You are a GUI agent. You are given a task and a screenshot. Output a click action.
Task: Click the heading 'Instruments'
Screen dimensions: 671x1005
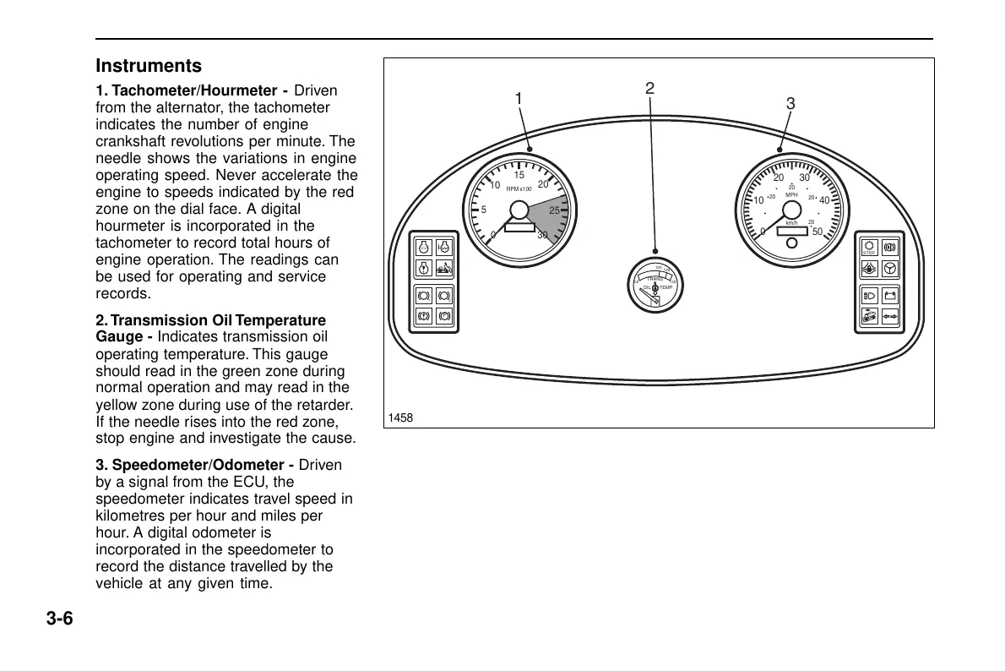pos(149,66)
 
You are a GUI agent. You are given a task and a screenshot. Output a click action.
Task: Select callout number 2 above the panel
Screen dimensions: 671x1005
pos(649,88)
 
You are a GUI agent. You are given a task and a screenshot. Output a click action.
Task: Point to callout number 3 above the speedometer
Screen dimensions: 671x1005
pos(790,104)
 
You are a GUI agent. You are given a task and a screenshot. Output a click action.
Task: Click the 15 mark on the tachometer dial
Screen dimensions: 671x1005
pos(519,176)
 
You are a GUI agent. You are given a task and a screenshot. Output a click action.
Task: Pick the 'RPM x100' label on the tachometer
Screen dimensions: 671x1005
pos(519,189)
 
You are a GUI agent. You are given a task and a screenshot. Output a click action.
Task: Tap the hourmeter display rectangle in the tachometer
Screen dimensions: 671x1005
pos(519,226)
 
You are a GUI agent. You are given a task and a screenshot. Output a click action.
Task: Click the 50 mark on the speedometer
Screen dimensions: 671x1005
pos(817,232)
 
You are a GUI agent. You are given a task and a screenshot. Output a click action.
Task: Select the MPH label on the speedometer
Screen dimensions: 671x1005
pos(791,195)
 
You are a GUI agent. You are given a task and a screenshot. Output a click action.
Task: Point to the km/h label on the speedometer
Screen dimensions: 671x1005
pos(791,223)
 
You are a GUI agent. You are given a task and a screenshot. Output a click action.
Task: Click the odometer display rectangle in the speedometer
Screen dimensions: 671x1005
pos(791,231)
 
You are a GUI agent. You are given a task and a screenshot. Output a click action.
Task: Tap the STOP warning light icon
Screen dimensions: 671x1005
pos(869,248)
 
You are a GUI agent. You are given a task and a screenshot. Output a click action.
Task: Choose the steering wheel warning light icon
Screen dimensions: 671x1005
pos(888,270)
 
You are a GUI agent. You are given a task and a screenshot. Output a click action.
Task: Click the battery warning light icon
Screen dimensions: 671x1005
pos(888,296)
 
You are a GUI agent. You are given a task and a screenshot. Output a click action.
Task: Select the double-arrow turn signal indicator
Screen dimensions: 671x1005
pos(888,317)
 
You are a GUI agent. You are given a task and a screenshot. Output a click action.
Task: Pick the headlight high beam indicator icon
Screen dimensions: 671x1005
pos(869,296)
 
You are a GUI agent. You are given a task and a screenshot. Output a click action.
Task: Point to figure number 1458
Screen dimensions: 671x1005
pos(400,418)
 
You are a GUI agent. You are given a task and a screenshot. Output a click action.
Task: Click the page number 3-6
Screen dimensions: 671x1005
pos(60,619)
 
